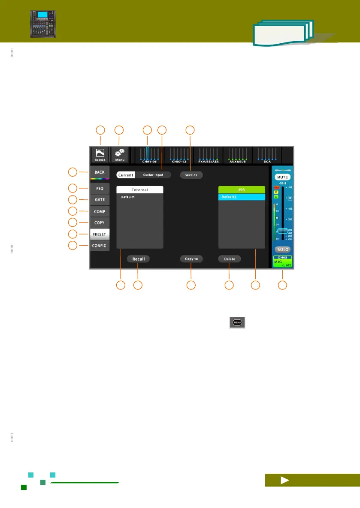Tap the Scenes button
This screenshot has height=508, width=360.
(100, 155)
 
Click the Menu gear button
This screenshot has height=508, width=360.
(120, 155)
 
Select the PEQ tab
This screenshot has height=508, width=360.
(100, 188)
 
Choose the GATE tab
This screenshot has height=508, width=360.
(100, 199)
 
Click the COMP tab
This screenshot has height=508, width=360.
(100, 211)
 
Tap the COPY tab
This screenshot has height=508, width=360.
(100, 222)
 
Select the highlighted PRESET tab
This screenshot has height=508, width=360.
(100, 234)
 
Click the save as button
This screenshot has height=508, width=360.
(191, 175)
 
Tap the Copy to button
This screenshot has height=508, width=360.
(191, 259)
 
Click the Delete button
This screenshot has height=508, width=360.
(230, 259)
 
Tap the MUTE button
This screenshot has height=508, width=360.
(283, 177)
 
